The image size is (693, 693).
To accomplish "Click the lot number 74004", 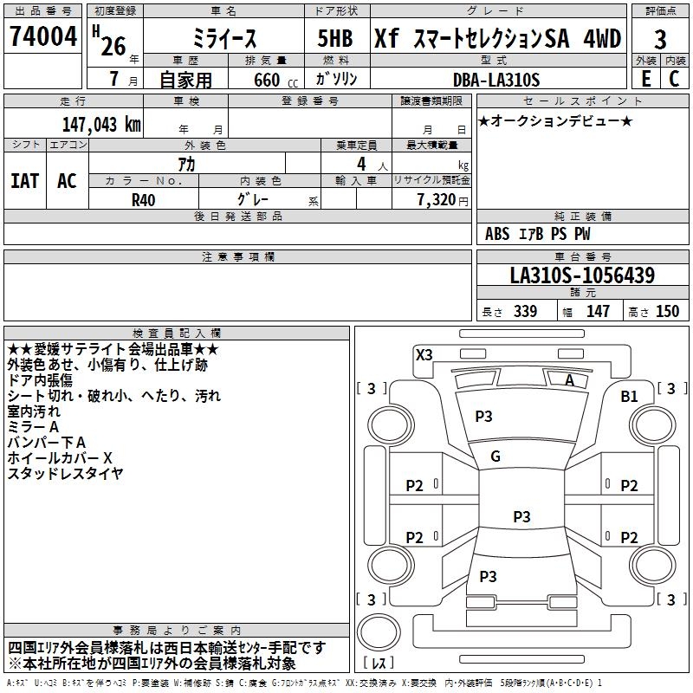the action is (42, 37).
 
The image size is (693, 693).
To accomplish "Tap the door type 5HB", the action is (334, 39).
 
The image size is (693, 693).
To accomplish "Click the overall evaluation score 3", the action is (660, 39).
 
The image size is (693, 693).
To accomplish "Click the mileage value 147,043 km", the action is (100, 124).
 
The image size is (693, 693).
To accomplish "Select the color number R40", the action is (144, 198).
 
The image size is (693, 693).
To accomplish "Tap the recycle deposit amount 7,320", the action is (431, 199).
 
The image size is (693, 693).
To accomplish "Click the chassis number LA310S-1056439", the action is (582, 275).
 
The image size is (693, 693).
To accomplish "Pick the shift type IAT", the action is (24, 181).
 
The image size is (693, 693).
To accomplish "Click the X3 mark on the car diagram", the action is (424, 354).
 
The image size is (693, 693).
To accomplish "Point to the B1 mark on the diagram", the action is (629, 396).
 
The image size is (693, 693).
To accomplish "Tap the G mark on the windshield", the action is (495, 457).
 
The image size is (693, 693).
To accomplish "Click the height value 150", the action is (667, 311).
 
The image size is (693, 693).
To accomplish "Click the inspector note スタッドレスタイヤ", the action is (65, 473).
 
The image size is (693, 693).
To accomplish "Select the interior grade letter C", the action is (674, 79).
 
